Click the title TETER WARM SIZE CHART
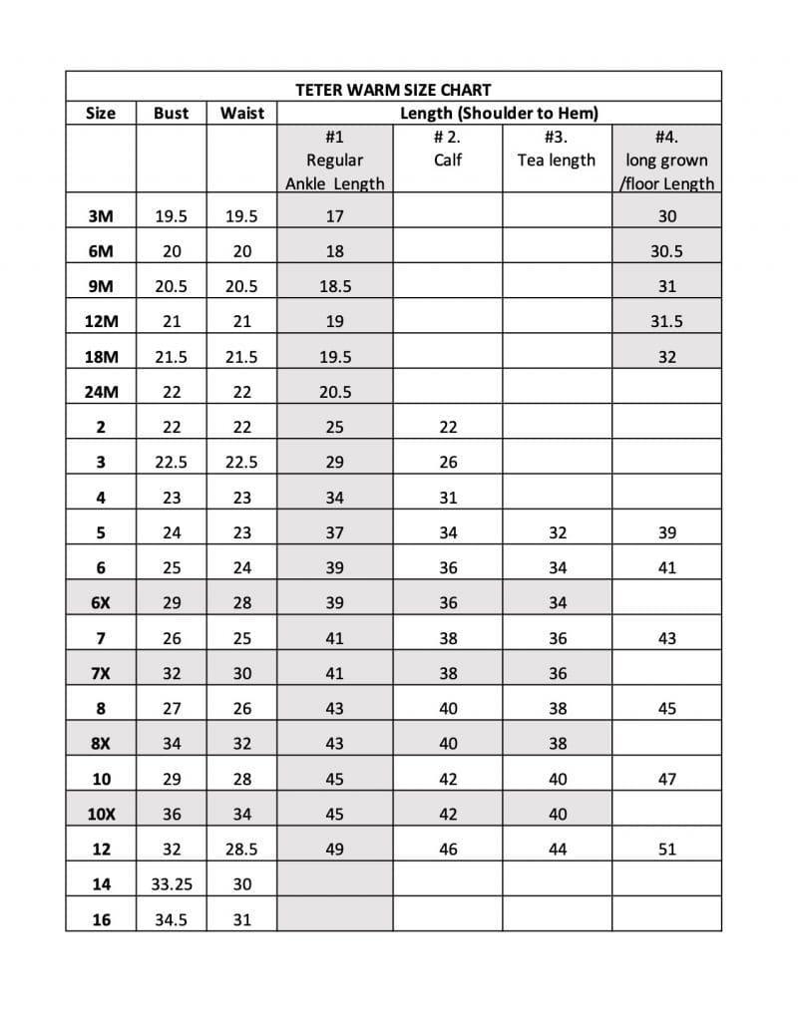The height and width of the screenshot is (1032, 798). (x=393, y=90)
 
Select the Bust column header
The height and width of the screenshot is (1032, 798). (x=171, y=113)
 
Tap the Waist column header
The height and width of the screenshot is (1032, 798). (x=242, y=113)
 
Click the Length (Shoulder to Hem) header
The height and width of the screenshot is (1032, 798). (x=499, y=113)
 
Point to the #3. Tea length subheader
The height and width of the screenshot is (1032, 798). (x=557, y=149)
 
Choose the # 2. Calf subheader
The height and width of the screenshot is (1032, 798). (x=448, y=149)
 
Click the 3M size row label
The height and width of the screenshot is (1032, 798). (x=101, y=215)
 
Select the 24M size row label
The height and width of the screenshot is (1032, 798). (x=101, y=392)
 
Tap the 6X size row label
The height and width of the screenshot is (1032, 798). (x=101, y=602)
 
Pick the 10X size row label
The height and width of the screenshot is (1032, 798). (x=101, y=814)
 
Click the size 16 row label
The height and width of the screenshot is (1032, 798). (x=101, y=919)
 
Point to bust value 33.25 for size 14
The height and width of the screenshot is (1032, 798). (x=171, y=884)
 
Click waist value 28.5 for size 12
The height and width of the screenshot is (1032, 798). (x=242, y=850)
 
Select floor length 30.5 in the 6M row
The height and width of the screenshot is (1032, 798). (x=666, y=251)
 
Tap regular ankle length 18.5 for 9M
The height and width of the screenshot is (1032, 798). (x=334, y=286)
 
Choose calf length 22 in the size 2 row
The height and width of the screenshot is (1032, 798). (x=448, y=427)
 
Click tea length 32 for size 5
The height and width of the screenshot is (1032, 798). (x=558, y=532)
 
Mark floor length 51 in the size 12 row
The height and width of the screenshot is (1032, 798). (x=666, y=850)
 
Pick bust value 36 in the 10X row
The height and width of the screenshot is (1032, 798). (x=171, y=814)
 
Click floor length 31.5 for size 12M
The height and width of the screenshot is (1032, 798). (x=666, y=321)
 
